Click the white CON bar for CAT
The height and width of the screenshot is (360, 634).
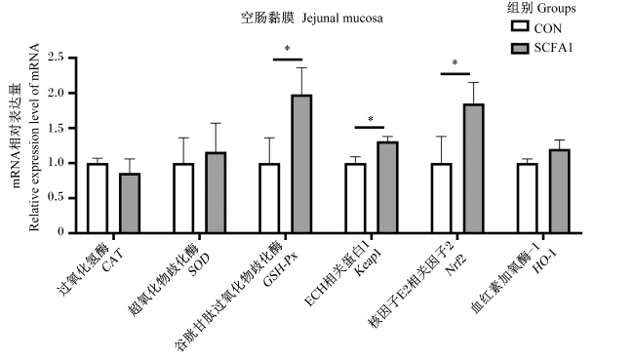coord(98,198)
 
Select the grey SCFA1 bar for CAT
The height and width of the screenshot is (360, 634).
coord(130,203)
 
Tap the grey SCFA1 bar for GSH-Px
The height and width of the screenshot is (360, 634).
coord(301,164)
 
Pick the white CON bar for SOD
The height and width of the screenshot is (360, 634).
coord(183,198)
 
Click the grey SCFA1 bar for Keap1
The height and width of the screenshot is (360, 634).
coord(388,187)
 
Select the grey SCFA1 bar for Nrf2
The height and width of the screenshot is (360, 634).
coord(474,168)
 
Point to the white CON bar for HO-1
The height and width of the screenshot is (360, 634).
coord(528,198)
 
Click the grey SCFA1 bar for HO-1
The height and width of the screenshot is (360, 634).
coord(560,191)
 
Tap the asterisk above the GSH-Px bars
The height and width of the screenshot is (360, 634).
coord(287,49)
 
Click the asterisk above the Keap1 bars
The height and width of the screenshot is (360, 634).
coord(371,119)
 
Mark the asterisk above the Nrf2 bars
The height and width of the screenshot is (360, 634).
coord(455,63)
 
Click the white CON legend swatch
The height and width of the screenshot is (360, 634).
coord(520,26)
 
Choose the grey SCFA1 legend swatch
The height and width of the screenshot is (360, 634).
coord(520,49)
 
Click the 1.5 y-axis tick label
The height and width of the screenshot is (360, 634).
coord(56,128)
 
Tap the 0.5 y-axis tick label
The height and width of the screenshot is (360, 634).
coord(56,198)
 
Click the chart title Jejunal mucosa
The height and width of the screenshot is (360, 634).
coord(342,19)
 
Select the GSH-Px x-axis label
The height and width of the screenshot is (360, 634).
coord(281,269)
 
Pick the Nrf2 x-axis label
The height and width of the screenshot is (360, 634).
coord(456,264)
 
